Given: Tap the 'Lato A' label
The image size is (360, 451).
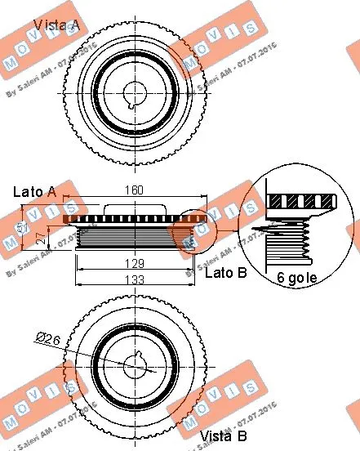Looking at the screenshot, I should coord(34,192).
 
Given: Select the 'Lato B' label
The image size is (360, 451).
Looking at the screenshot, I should coord(224,273).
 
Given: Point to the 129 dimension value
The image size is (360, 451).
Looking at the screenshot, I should coord(135,264).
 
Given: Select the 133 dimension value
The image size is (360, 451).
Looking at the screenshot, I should coord(135,279).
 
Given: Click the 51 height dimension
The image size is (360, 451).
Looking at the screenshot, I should coord(24,226).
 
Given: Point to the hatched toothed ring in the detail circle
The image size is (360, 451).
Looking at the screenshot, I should coord(301,201).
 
